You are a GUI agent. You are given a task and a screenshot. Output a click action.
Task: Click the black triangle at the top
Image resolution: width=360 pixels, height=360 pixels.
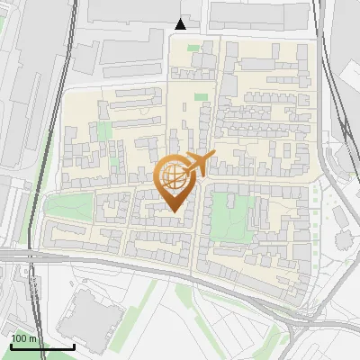point(181,24)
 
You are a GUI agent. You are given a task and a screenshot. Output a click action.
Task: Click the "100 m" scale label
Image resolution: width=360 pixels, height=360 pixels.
point(23,338)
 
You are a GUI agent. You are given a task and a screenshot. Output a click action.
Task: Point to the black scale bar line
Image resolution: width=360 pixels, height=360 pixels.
point(42,346)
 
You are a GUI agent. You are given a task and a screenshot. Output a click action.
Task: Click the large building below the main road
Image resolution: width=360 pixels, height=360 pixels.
point(90,317)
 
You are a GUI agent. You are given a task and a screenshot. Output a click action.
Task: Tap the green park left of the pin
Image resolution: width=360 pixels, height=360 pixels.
point(69,206)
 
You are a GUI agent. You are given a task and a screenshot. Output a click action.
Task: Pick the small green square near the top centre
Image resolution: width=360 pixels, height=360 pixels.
point(199,96)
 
